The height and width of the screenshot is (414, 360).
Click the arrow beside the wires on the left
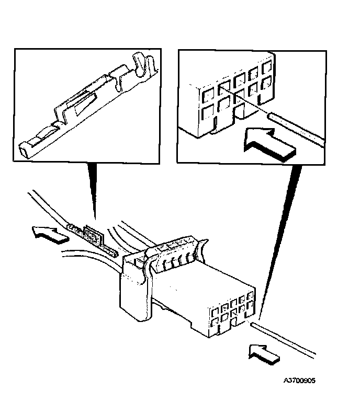[x=50, y=234]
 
